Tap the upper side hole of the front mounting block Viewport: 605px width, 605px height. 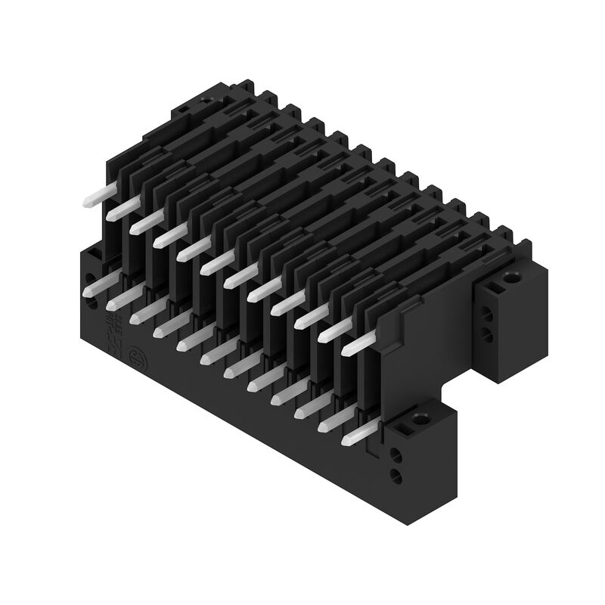(395, 456)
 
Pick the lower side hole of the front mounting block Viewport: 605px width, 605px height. (395, 475)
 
